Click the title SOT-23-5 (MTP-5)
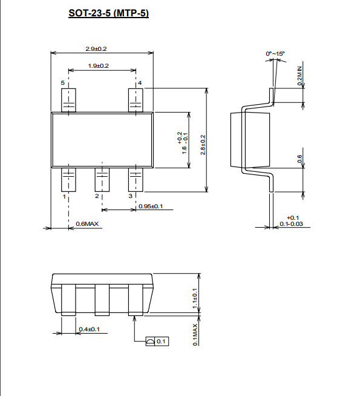(108, 13)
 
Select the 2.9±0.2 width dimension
(96, 48)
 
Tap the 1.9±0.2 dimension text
(99, 65)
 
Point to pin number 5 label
(62, 82)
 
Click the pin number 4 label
(140, 82)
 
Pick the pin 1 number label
(64, 196)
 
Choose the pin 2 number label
(97, 196)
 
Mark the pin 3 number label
(130, 196)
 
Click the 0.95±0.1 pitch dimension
(151, 206)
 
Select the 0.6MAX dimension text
(87, 224)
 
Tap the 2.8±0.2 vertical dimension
(203, 145)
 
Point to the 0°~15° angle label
(275, 53)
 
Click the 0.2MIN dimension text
(299, 76)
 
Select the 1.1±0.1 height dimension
(195, 299)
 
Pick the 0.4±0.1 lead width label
(90, 329)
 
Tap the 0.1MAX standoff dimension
(195, 335)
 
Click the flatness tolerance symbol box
(157, 342)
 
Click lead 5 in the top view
(68, 101)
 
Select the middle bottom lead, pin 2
(102, 180)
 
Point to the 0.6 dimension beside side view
(299, 159)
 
